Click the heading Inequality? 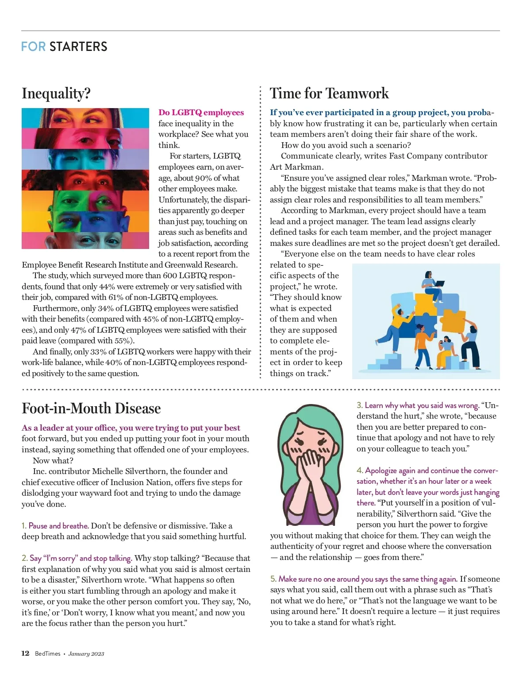56,93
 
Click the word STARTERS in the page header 78,47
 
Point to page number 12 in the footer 25,653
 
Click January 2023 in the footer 86,654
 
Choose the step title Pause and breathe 58,526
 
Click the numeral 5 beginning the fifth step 273,579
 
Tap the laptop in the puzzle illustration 439,283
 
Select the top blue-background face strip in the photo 85,118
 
